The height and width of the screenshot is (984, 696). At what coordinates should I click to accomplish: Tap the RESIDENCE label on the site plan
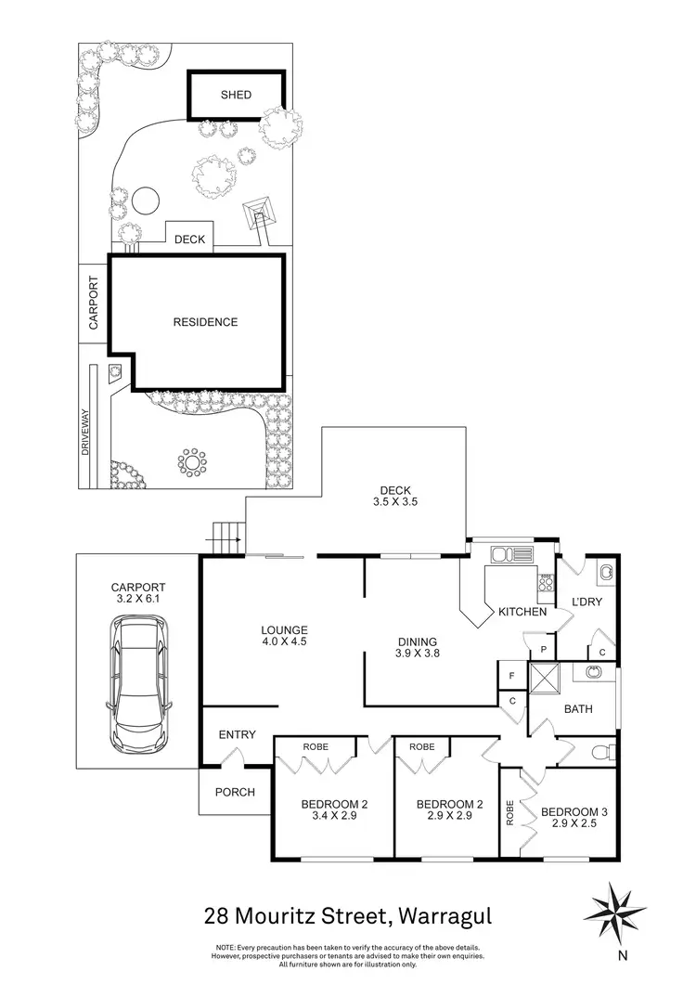click(x=205, y=323)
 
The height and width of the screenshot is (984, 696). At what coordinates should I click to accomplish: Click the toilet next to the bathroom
click(x=599, y=753)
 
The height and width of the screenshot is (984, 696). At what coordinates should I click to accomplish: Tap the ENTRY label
click(x=237, y=735)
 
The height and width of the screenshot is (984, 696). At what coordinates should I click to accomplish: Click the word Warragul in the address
click(x=445, y=917)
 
